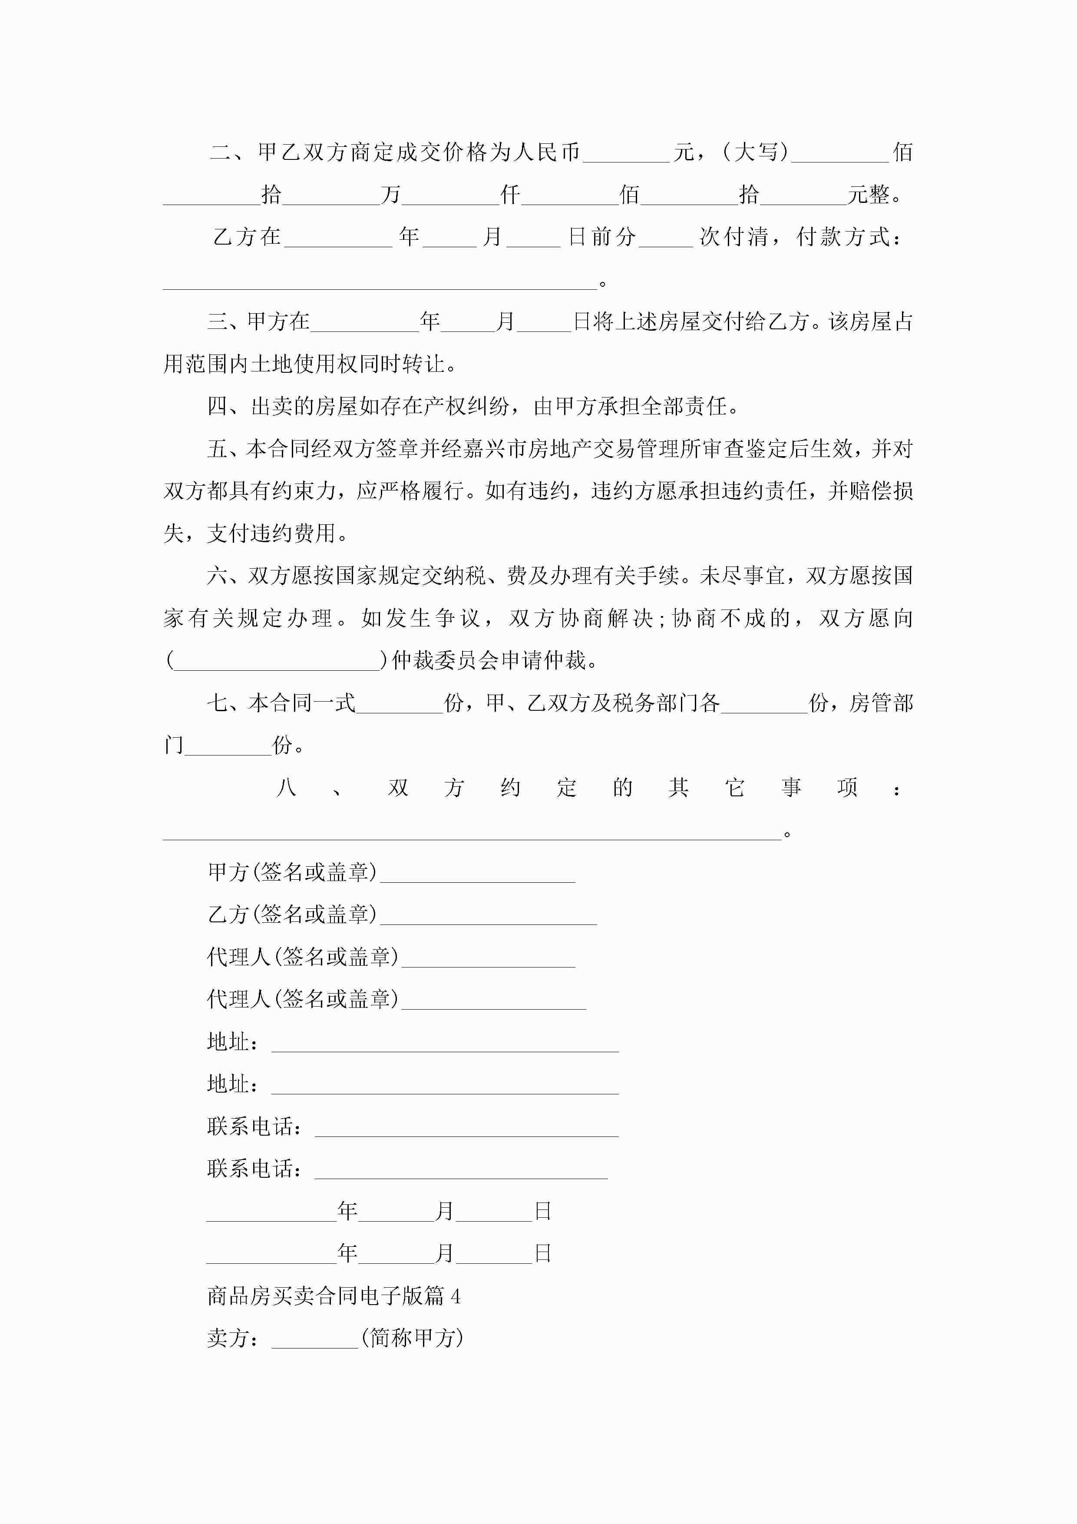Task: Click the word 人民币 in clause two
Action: [548, 152]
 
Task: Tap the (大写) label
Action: [755, 152]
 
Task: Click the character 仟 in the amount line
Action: [510, 195]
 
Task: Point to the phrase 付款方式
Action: [843, 237]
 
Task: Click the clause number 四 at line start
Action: [218, 406]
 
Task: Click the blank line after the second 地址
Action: [445, 1086]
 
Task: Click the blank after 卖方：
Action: [314, 1340]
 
